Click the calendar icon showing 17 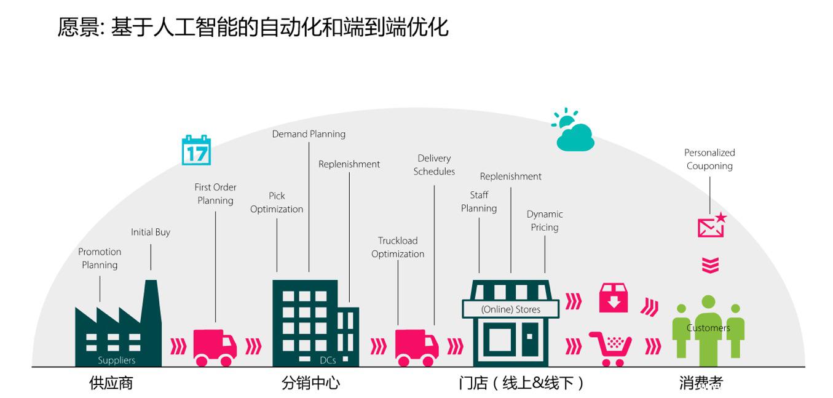tap(196, 150)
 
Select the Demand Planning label tap(309, 134)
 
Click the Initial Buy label tap(151, 232)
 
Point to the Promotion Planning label tap(100, 258)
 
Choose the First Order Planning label tap(215, 194)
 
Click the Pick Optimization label tap(277, 202)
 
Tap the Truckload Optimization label tap(398, 247)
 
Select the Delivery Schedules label tap(434, 165)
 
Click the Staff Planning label tap(479, 202)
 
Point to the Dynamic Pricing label tap(545, 221)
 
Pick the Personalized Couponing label tap(709, 159)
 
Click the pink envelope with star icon tap(712, 226)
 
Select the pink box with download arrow tap(614, 298)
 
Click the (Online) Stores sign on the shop tap(511, 309)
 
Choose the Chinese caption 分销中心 tap(310, 383)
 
